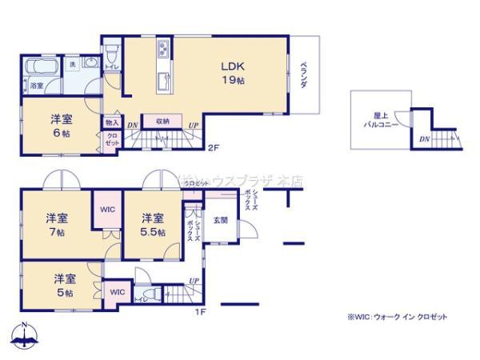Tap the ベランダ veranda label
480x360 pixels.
coord(305,78)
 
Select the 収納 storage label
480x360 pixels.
coord(162,121)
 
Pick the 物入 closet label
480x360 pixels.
coord(111,122)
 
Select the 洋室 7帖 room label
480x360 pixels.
coord(55,223)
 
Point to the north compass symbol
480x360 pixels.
coord(26,338)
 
